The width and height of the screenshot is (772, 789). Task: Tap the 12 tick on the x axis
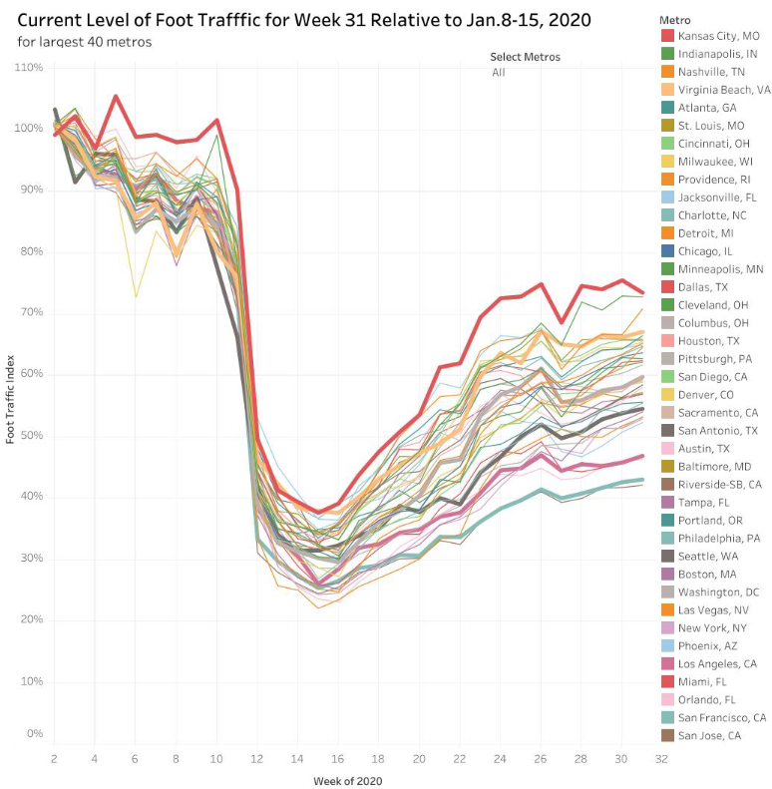tap(257, 758)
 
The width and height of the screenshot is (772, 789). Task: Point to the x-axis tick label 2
tap(53, 758)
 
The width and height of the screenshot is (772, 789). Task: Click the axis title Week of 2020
tap(346, 780)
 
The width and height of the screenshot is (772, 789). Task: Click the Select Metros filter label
tap(526, 57)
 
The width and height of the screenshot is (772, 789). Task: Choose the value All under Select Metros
tap(499, 72)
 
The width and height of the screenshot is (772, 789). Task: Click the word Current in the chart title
tap(57, 18)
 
